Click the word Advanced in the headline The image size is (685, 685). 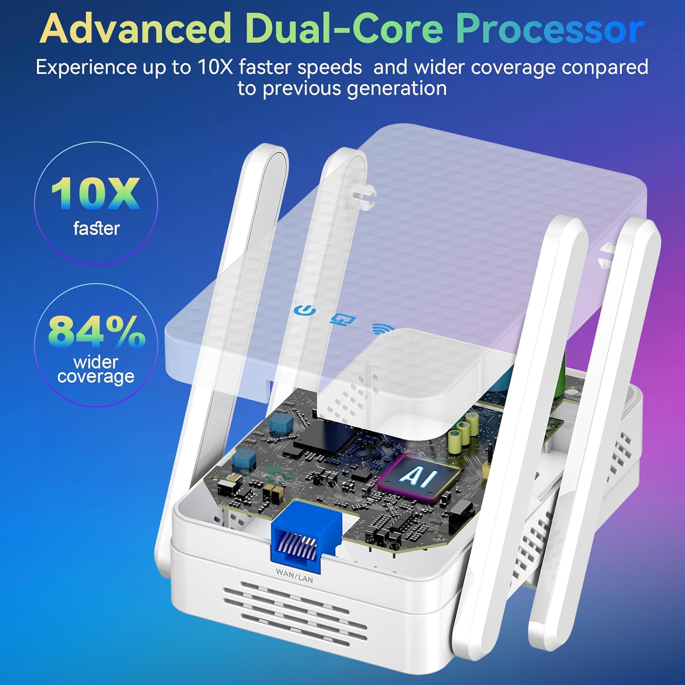click(135, 28)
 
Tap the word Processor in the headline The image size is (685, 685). click(550, 28)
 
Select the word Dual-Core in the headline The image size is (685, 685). click(344, 28)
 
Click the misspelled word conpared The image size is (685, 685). click(605, 68)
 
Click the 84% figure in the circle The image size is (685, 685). click(96, 331)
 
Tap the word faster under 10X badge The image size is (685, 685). click(96, 228)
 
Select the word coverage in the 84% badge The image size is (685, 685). click(96, 377)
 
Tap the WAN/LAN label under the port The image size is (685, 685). click(295, 575)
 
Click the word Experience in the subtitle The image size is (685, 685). click(86, 68)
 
